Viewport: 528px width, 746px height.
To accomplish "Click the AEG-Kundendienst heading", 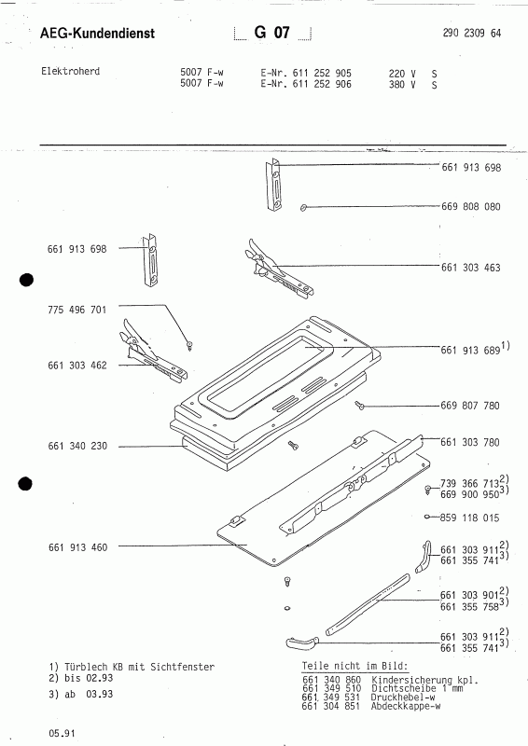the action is (x=98, y=33).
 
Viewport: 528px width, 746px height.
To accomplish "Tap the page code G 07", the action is (x=271, y=33).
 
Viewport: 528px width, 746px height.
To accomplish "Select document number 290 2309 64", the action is (x=472, y=33).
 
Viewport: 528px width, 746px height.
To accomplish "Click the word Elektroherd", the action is (x=71, y=72).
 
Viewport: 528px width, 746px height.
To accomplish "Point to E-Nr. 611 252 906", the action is (x=306, y=84).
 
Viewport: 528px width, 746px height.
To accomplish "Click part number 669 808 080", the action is (x=471, y=206).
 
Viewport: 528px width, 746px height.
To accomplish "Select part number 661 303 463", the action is (x=471, y=268).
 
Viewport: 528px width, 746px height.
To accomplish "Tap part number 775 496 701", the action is (x=77, y=310).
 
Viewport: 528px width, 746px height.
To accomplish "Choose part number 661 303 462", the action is (x=77, y=366).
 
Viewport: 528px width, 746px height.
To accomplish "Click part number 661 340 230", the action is (x=77, y=446).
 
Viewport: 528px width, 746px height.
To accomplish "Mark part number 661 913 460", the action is (x=77, y=547).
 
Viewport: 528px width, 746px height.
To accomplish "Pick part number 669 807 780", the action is (x=470, y=406).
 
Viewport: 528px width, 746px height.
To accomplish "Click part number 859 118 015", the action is (x=469, y=518).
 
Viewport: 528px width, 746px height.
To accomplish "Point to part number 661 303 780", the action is (x=470, y=442).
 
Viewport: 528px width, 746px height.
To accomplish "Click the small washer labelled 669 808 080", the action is (x=303, y=207).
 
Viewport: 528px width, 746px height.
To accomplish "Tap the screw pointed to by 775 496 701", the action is (x=190, y=345).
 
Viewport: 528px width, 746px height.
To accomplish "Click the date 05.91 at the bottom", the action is (x=62, y=733).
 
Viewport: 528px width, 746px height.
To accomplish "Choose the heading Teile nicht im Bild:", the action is (x=355, y=666).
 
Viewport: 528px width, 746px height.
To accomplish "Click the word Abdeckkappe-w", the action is (x=406, y=706).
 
